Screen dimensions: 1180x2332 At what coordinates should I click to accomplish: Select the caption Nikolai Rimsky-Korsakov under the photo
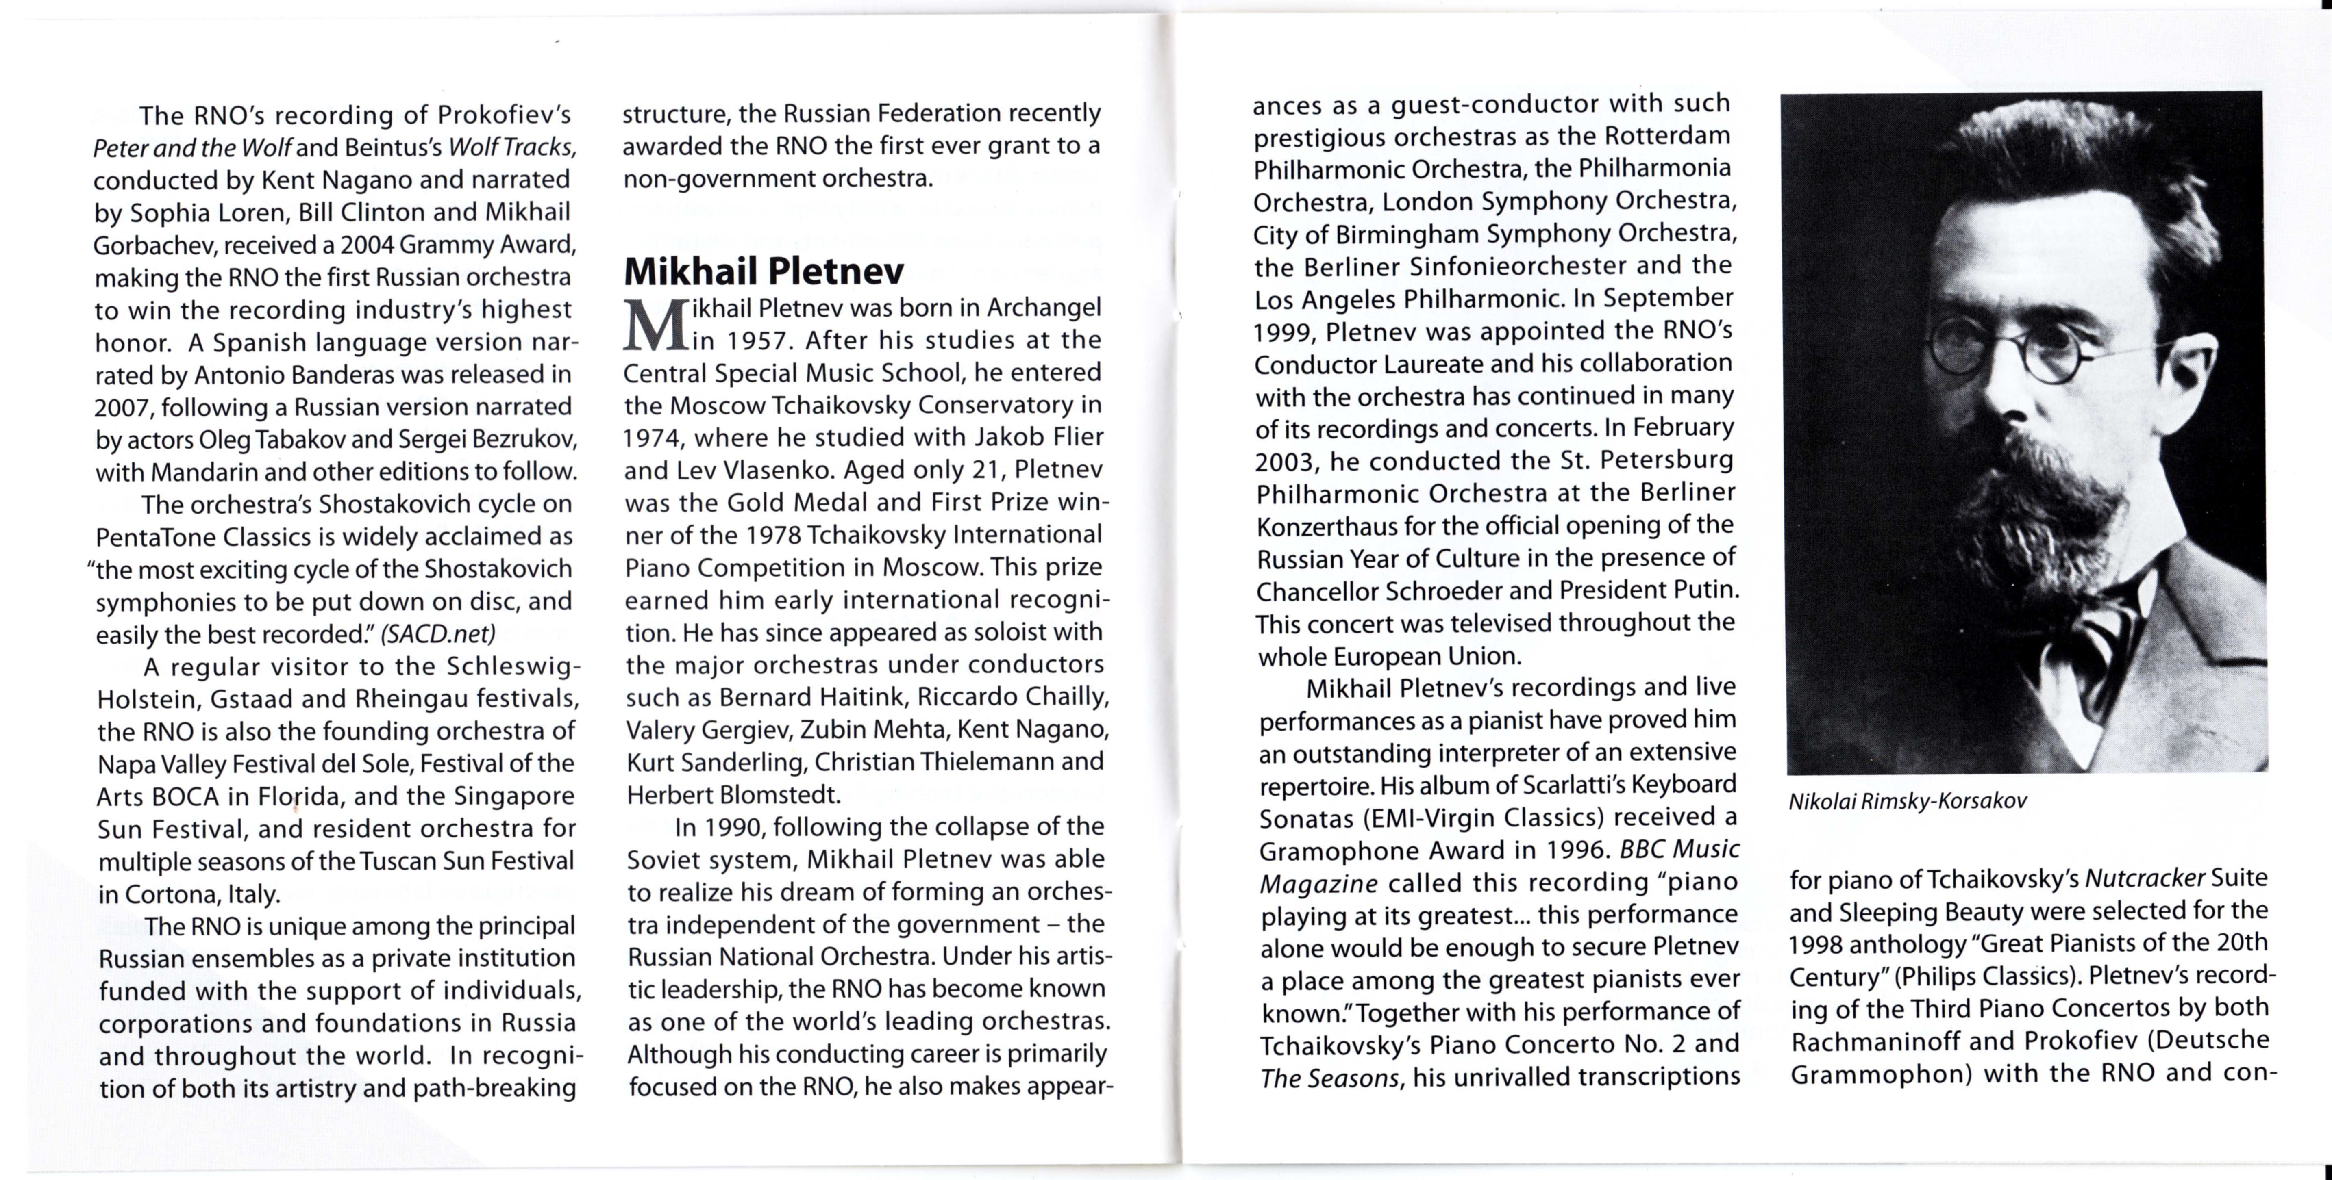1908,802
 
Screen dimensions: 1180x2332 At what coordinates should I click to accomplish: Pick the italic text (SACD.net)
438,633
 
